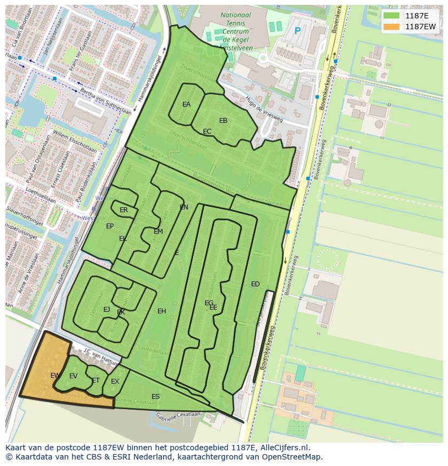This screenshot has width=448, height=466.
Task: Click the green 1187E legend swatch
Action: tap(391, 16)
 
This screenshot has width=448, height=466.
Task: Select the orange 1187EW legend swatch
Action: tap(391, 27)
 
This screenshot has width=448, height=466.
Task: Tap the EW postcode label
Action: tap(55, 376)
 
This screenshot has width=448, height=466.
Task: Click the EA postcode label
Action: tap(187, 104)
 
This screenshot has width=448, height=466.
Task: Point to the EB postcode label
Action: tap(223, 121)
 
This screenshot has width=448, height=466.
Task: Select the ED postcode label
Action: tap(255, 284)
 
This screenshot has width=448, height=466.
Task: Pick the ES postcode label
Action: tap(156, 397)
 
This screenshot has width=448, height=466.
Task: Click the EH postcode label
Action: tap(162, 311)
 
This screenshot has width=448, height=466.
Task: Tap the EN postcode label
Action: tap(184, 207)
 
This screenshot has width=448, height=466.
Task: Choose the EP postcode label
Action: tap(110, 226)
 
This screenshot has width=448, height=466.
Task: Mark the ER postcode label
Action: tap(124, 210)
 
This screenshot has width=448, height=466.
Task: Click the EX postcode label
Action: tap(115, 382)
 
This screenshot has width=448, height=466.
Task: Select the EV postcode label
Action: tap(74, 376)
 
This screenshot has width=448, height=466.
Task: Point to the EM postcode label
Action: tap(159, 232)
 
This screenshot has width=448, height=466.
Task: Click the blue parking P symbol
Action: tap(297, 31)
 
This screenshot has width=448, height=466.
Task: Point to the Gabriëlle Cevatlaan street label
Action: tap(178, 416)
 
